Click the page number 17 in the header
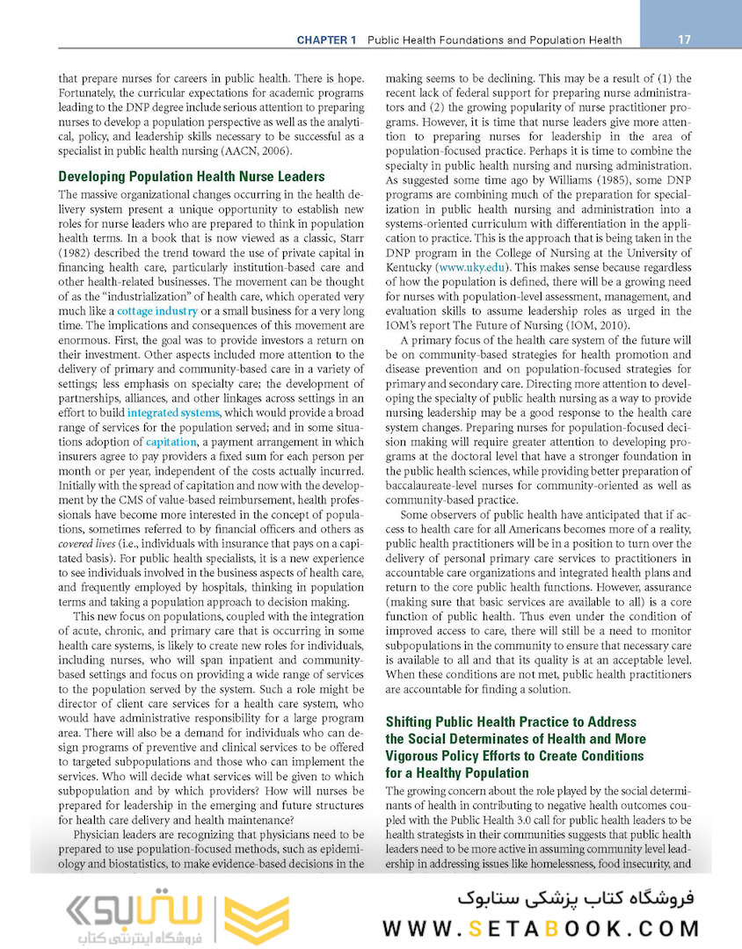pos(685,40)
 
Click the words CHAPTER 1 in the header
pos(327,40)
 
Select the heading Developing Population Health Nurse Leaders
pos(192,176)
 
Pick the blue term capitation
pos(171,442)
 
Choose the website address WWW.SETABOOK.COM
pos(543,929)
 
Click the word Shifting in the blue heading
pos(411,722)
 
